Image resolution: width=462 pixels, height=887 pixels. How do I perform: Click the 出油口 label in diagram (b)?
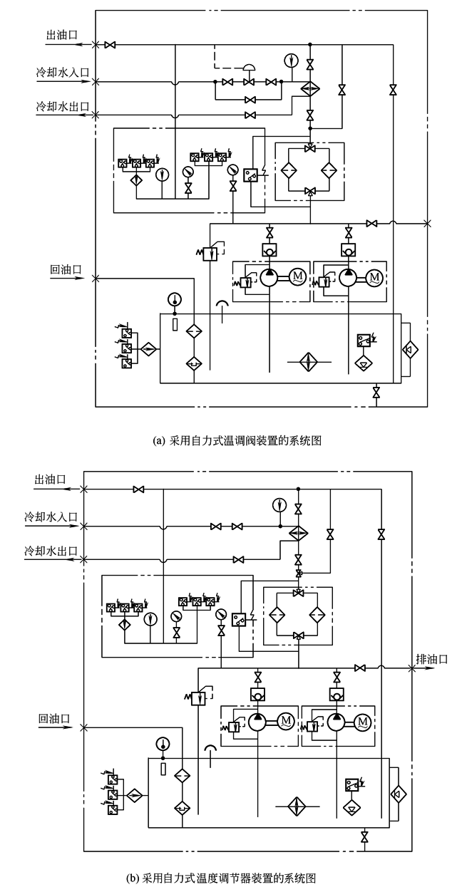pyautogui.click(x=50, y=479)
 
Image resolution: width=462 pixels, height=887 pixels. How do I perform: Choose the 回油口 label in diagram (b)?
pyautogui.click(x=54, y=718)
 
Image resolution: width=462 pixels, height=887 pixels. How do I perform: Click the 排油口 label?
pyautogui.click(x=432, y=658)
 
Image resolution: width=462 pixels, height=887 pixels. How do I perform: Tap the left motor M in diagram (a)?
pyautogui.click(x=299, y=278)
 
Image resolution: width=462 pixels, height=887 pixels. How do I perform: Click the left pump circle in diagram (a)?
pyautogui.click(x=269, y=278)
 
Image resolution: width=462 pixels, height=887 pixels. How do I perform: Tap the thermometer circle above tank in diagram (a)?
pyautogui.click(x=174, y=299)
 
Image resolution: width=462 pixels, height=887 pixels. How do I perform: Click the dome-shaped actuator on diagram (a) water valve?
pyautogui.click(x=250, y=68)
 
